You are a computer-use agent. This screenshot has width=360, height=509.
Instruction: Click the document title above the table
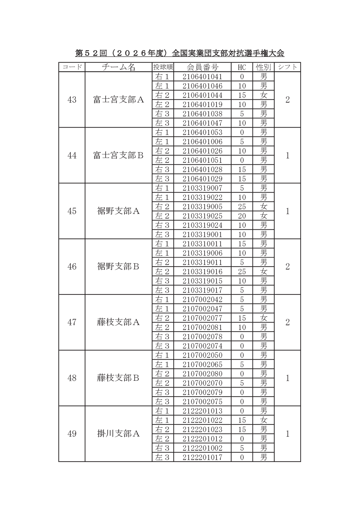pos(180,53)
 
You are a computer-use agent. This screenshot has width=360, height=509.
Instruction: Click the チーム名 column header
pos(118,67)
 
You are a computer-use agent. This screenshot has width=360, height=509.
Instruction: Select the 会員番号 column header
pos(202,67)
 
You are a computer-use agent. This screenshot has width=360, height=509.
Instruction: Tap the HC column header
pos(242,67)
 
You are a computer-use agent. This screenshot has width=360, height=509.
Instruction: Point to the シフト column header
pos(287,67)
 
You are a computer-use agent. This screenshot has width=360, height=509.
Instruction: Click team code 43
pos(72,100)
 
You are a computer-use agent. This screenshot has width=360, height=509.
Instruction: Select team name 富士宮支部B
pos(118,156)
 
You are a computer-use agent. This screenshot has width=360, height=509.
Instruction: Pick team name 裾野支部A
pos(118,211)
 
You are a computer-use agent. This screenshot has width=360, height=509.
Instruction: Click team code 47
pos(72,322)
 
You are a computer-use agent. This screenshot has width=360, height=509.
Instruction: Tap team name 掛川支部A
pos(118,434)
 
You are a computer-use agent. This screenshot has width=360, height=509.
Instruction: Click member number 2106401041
pos(202,77)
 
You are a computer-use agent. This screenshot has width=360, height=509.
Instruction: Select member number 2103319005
pos(202,207)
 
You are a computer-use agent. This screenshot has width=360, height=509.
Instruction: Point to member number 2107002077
pos(202,318)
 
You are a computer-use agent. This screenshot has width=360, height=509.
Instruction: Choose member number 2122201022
pos(202,420)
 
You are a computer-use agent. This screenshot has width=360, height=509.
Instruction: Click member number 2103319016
pos(202,272)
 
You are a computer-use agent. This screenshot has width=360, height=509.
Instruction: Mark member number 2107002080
pos(202,374)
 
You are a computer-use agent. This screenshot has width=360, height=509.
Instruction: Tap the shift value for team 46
pos(287,267)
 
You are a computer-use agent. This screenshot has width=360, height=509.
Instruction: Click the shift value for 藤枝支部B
pos(287,378)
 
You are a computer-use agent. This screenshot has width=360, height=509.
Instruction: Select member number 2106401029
pos(202,179)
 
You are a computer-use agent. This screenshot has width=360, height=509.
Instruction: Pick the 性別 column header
pos(263,67)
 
